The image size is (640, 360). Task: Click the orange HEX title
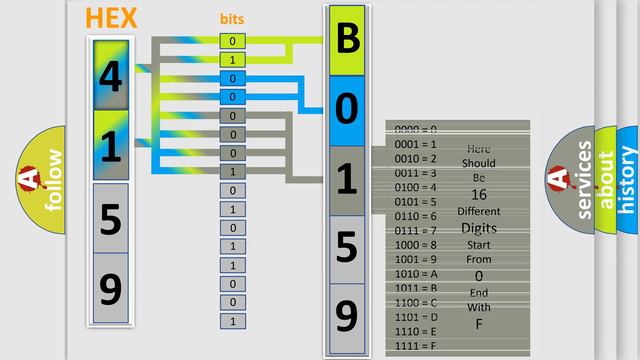tap(112, 18)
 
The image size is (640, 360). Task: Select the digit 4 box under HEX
tap(111, 75)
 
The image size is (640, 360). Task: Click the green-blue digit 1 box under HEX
tap(111, 146)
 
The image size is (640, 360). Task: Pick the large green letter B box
tap(347, 40)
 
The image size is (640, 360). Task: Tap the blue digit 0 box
tap(347, 110)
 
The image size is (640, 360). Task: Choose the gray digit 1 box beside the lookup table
tap(347, 180)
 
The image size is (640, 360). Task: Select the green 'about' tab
tap(606, 180)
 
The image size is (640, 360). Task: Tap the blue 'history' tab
tap(628, 180)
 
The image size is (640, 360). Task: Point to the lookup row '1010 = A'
tap(416, 274)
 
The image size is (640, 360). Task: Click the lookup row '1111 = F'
tap(416, 346)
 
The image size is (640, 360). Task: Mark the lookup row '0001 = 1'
tap(416, 144)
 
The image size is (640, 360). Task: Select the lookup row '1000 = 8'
tap(416, 245)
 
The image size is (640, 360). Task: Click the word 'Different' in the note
tap(479, 211)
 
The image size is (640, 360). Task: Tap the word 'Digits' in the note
tap(479, 228)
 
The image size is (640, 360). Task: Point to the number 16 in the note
tap(479, 194)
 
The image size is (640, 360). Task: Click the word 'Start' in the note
tap(479, 244)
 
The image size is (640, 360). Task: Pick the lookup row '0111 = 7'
tap(416, 231)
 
